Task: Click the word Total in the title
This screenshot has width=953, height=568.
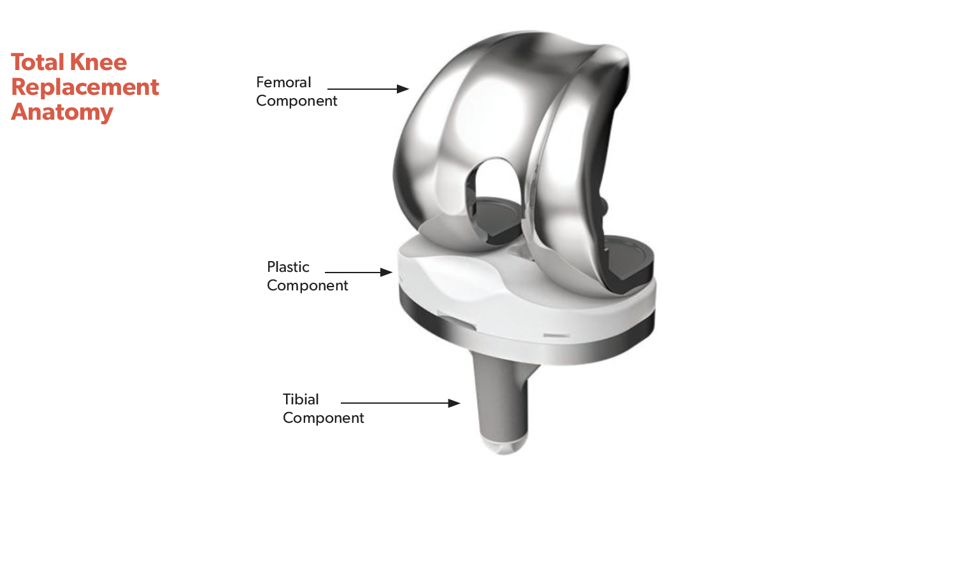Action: coord(38,62)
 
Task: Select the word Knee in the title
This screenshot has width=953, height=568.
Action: coord(98,62)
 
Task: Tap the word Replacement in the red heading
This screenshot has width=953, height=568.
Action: coord(85,88)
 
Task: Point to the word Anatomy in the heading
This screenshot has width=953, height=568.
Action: coord(62,113)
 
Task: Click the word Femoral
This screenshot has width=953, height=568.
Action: coord(283,82)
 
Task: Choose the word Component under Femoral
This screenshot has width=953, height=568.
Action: coord(296,101)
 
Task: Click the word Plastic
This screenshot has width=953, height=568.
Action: coord(288,267)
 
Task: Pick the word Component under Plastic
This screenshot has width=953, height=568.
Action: coord(307,285)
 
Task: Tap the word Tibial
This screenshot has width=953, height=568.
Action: coord(301,399)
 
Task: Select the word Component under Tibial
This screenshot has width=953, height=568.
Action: coord(324,418)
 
